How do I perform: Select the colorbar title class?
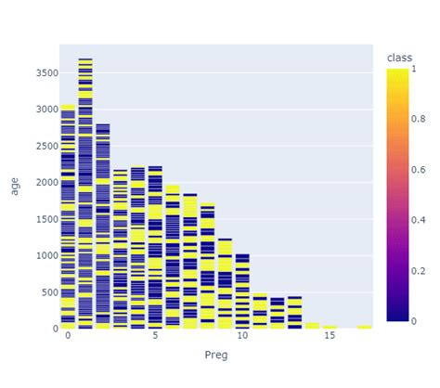(x=400, y=58)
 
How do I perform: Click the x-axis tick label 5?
(x=154, y=336)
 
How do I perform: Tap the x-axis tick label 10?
(x=241, y=336)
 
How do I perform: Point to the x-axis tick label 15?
(x=330, y=336)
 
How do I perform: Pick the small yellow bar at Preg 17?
(x=364, y=326)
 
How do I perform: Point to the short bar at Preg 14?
(x=312, y=325)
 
